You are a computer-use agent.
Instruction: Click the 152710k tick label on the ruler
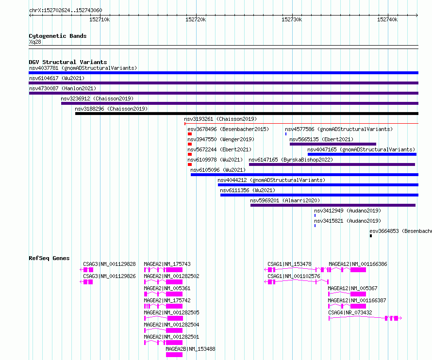pyautogui.click(x=100, y=19)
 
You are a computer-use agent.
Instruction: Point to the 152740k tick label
pyautogui.click(x=387, y=19)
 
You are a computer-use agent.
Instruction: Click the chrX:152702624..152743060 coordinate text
pyautogui.click(x=66, y=11)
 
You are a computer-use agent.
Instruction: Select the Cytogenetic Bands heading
pyautogui.click(x=58, y=36)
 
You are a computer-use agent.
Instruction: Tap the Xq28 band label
pyautogui.click(x=35, y=42)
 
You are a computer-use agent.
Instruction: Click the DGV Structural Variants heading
pyautogui.click(x=68, y=62)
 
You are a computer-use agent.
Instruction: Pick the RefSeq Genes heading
pyautogui.click(x=49, y=258)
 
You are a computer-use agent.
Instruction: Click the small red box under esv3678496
pyautogui.click(x=190, y=134)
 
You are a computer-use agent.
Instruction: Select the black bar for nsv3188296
pyautogui.click(x=247, y=114)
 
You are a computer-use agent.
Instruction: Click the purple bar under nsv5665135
pyautogui.click(x=333, y=144)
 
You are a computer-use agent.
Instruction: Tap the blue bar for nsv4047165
pyautogui.click(x=362, y=154)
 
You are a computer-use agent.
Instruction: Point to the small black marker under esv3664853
pyautogui.click(x=371, y=236)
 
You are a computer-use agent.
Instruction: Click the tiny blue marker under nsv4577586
pyautogui.click(x=286, y=134)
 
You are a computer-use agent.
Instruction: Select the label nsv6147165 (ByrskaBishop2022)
pyautogui.click(x=291, y=160)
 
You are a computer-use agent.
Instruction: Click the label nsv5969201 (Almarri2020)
pyautogui.click(x=285, y=200)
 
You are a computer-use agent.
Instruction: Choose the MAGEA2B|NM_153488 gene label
pyautogui.click(x=190, y=349)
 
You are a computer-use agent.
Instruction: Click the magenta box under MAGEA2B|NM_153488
pyautogui.click(x=174, y=355)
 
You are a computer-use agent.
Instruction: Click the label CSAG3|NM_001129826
pyautogui.click(x=109, y=276)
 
